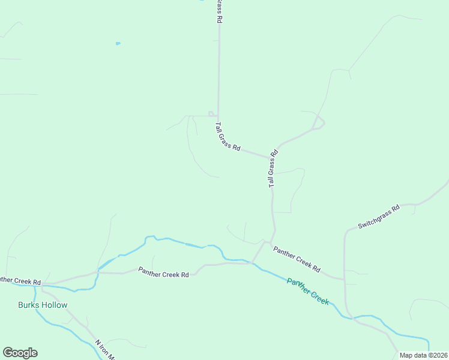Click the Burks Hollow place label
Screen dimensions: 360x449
42,305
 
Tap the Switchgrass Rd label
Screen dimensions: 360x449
379,217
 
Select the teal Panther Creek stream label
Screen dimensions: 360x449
308,290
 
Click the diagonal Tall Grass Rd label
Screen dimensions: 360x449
228,137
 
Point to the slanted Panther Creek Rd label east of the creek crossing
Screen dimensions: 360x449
297,259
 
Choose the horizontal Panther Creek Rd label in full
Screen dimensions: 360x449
163,272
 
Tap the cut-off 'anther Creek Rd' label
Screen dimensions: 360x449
20,280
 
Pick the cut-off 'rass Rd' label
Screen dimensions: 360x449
220,11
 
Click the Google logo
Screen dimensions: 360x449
20,353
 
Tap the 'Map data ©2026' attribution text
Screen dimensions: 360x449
424,355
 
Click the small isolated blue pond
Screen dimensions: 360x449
118,43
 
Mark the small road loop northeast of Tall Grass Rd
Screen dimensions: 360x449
319,122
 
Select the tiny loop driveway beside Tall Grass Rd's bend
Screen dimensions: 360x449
211,113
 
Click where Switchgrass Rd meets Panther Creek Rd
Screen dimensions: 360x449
345,279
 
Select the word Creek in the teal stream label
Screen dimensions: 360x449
317,295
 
